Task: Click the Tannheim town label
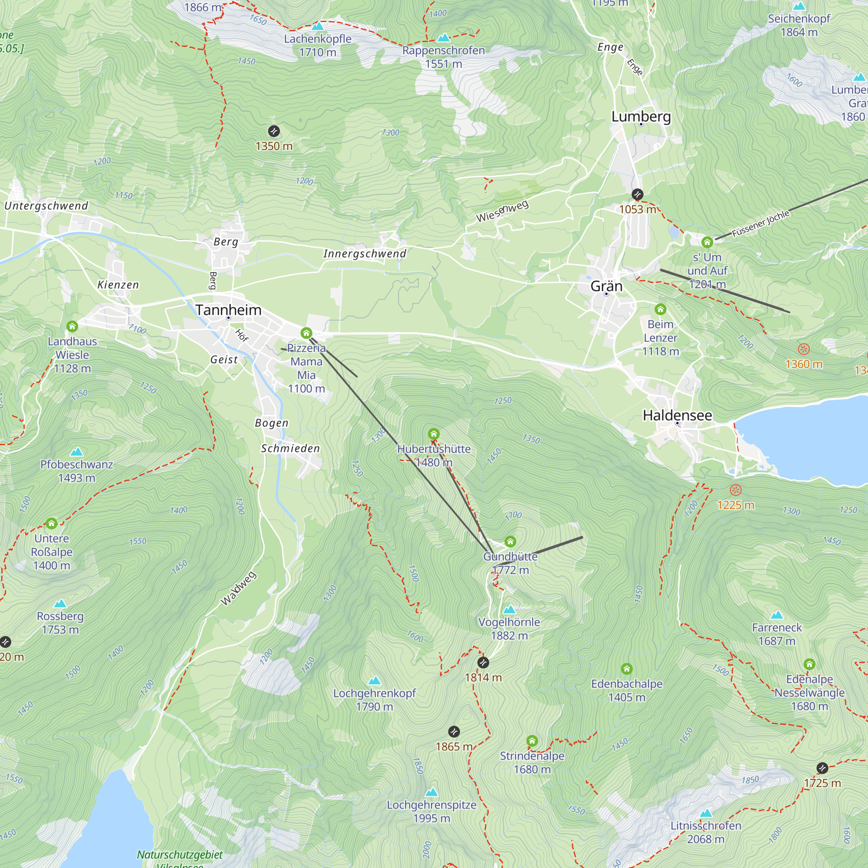coord(228,310)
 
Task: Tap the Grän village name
coord(606,286)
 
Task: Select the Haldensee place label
coord(677,415)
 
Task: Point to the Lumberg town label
coord(641,117)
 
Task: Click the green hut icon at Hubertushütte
coord(434,434)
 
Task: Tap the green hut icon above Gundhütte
coord(510,541)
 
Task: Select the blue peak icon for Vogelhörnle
coord(509,610)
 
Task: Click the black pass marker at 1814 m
coord(483,663)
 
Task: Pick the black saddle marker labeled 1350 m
coord(273,131)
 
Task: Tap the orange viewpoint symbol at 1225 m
coord(736,490)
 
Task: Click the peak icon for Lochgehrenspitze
coord(431,792)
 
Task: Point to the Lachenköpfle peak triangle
coord(318,26)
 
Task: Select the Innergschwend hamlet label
coord(365,254)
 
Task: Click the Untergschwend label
coord(46,206)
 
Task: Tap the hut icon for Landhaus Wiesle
coord(72,326)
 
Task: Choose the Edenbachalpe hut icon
coord(626,669)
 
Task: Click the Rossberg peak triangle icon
coord(60,603)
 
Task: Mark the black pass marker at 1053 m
coord(637,194)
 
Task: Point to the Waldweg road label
coord(239,589)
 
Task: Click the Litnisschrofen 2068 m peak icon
coord(706,813)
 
